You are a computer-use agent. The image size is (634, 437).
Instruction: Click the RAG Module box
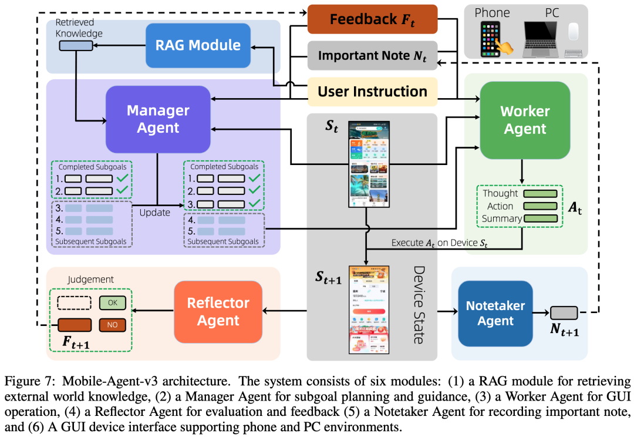[198, 45]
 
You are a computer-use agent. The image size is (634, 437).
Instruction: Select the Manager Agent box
[158, 119]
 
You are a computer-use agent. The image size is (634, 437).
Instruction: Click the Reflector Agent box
[218, 312]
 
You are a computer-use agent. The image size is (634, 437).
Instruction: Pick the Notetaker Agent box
[495, 312]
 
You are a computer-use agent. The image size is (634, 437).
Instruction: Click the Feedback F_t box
[372, 19]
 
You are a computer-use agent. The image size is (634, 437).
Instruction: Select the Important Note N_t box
[372, 55]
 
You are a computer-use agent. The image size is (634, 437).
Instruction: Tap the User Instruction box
[372, 92]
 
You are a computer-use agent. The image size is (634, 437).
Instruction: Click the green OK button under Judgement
[112, 303]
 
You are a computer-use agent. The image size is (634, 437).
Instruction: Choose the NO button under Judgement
[112, 324]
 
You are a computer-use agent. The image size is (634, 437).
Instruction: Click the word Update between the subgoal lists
[154, 212]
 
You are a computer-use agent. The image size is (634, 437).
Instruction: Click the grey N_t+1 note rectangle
[564, 312]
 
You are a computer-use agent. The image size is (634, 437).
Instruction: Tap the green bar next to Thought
[541, 194]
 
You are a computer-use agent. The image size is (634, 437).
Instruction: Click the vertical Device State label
[419, 304]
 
